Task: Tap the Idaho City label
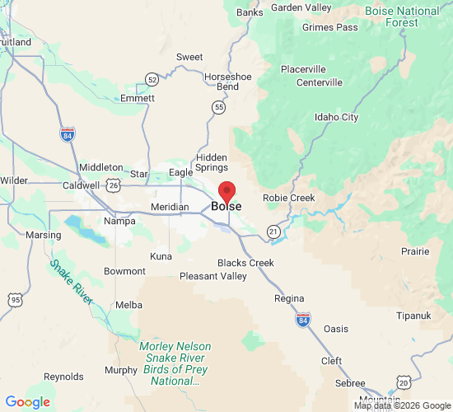point(337,117)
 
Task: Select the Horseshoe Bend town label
point(222,81)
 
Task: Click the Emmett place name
point(137,98)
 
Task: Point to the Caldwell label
point(81,185)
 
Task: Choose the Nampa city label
point(119,221)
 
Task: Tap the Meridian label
point(170,207)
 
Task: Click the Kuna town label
point(161,256)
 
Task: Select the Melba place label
point(128,304)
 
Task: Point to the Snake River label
point(71,282)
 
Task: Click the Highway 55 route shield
point(218,107)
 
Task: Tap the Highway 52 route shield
point(152,79)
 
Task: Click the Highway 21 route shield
point(273,232)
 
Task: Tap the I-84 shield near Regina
point(303,319)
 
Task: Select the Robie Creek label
point(288,198)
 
